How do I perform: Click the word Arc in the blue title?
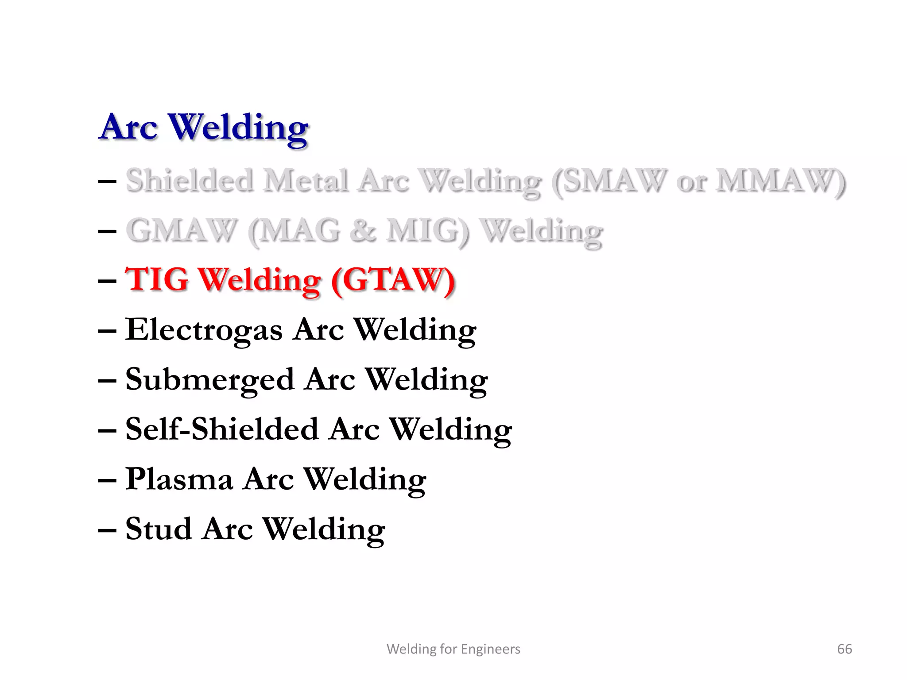coord(128,127)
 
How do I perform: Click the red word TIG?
coord(157,280)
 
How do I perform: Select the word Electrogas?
coord(204,330)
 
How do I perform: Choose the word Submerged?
coord(210,380)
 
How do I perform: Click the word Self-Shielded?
coord(222,429)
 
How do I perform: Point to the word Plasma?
coord(179,479)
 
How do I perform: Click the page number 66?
coord(844,649)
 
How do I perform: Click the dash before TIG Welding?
coord(107,281)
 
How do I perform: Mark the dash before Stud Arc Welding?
coord(107,529)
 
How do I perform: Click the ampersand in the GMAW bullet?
coord(363,231)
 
